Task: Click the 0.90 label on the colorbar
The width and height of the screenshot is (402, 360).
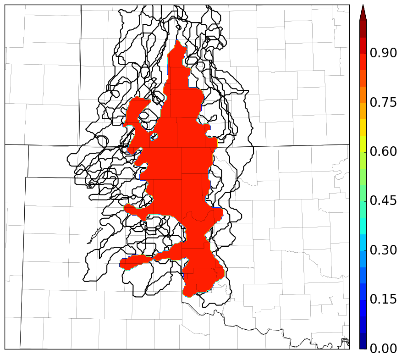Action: [383, 53]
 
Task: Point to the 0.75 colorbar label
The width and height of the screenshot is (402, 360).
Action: [383, 102]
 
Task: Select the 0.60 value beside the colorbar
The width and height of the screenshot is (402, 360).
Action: [383, 151]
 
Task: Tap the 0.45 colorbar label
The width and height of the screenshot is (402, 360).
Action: [383, 201]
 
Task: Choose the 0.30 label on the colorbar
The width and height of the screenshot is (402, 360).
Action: [383, 250]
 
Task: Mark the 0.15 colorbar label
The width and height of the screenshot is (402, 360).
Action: [383, 299]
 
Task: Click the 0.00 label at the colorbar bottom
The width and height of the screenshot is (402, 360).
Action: [383, 349]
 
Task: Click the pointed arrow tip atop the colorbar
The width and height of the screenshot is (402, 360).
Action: [363, 6]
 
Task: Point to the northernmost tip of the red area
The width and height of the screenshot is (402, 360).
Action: [178, 41]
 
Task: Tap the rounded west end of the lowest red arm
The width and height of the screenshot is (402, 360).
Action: [121, 263]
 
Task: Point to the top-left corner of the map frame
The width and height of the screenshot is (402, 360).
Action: [5, 6]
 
